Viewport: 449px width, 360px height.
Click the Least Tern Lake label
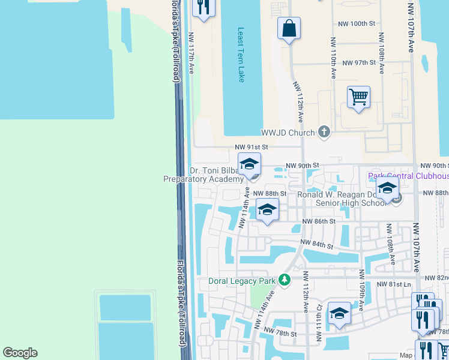click(x=241, y=55)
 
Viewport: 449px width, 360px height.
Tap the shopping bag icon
click(x=289, y=28)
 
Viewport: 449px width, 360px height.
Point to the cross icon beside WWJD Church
click(x=324, y=132)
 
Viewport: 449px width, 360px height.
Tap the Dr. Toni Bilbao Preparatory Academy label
click(x=204, y=175)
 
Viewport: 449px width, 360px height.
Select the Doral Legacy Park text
click(x=241, y=281)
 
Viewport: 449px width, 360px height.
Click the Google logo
click(x=20, y=353)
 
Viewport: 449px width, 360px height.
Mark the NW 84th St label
click(x=317, y=245)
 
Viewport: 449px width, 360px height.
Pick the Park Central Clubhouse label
click(x=408, y=176)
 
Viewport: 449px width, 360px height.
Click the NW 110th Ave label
click(x=333, y=58)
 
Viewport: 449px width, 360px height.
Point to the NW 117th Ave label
click(x=191, y=53)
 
